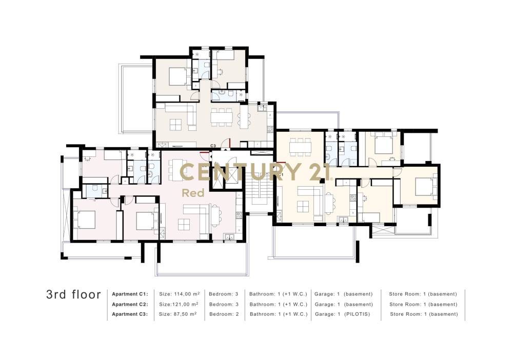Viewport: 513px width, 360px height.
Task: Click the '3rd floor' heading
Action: pos(73,294)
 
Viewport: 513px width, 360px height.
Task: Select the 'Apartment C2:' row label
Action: pos(130,305)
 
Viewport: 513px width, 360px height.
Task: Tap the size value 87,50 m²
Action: pos(177,314)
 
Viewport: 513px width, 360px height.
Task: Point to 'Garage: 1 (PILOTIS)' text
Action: pos(342,314)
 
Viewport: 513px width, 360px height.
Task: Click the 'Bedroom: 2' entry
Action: pos(224,314)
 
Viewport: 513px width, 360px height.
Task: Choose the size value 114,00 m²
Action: pos(179,294)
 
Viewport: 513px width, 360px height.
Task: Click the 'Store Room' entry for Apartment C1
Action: pos(423,294)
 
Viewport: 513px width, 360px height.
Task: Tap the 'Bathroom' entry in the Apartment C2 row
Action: pos(279,305)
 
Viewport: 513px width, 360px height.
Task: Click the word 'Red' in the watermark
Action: pos(193,193)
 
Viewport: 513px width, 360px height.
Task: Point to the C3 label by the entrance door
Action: pos(213,146)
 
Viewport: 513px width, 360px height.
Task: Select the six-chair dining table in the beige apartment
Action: pos(222,117)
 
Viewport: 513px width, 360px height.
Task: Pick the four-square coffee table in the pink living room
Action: pos(184,224)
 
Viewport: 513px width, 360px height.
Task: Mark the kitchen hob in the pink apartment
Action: pos(239,215)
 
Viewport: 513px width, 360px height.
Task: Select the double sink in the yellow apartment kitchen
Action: pos(343,220)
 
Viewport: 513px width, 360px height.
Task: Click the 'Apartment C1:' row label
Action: pos(130,294)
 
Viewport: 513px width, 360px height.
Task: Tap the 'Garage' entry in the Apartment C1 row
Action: pos(344,294)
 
